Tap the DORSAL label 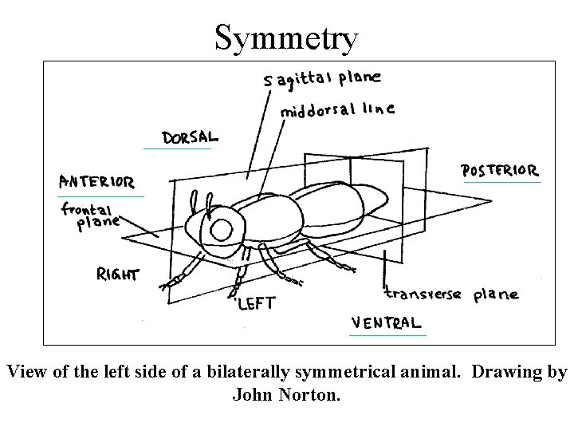click(x=189, y=137)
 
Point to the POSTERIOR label click(x=500, y=170)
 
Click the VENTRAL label click(x=386, y=322)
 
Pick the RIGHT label click(x=117, y=275)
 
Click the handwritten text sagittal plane click(x=323, y=79)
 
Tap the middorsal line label click(x=336, y=110)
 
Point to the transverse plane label click(x=450, y=294)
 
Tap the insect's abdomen click(x=343, y=208)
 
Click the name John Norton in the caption click(x=286, y=393)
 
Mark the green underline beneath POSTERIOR click(x=502, y=183)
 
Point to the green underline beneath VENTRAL click(x=387, y=335)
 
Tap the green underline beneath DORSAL click(x=177, y=148)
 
